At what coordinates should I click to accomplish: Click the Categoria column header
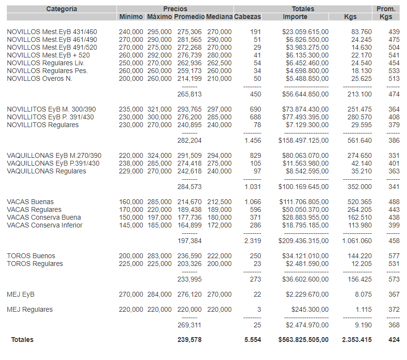click(x=61, y=9)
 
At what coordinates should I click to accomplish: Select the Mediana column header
click(x=219, y=17)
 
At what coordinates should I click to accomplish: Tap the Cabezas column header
click(x=247, y=17)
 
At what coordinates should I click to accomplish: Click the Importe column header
click(x=295, y=17)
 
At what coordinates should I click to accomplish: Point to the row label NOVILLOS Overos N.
click(x=39, y=78)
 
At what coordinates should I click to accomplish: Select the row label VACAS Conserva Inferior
click(x=44, y=225)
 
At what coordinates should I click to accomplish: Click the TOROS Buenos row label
click(x=31, y=256)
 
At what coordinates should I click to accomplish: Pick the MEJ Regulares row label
click(x=30, y=309)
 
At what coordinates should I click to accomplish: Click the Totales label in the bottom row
click(x=22, y=340)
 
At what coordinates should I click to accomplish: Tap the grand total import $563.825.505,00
click(x=303, y=340)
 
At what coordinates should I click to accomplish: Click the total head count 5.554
click(x=252, y=340)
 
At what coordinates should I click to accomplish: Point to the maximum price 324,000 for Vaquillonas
click(x=159, y=155)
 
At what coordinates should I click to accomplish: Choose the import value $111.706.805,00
click(x=304, y=202)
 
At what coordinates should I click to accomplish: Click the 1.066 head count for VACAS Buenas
click(x=252, y=202)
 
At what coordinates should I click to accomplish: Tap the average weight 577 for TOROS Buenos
click(x=394, y=256)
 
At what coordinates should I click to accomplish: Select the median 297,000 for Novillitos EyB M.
click(x=219, y=110)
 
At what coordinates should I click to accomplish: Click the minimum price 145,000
click(x=131, y=225)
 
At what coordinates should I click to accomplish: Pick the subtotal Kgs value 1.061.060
click(x=356, y=241)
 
